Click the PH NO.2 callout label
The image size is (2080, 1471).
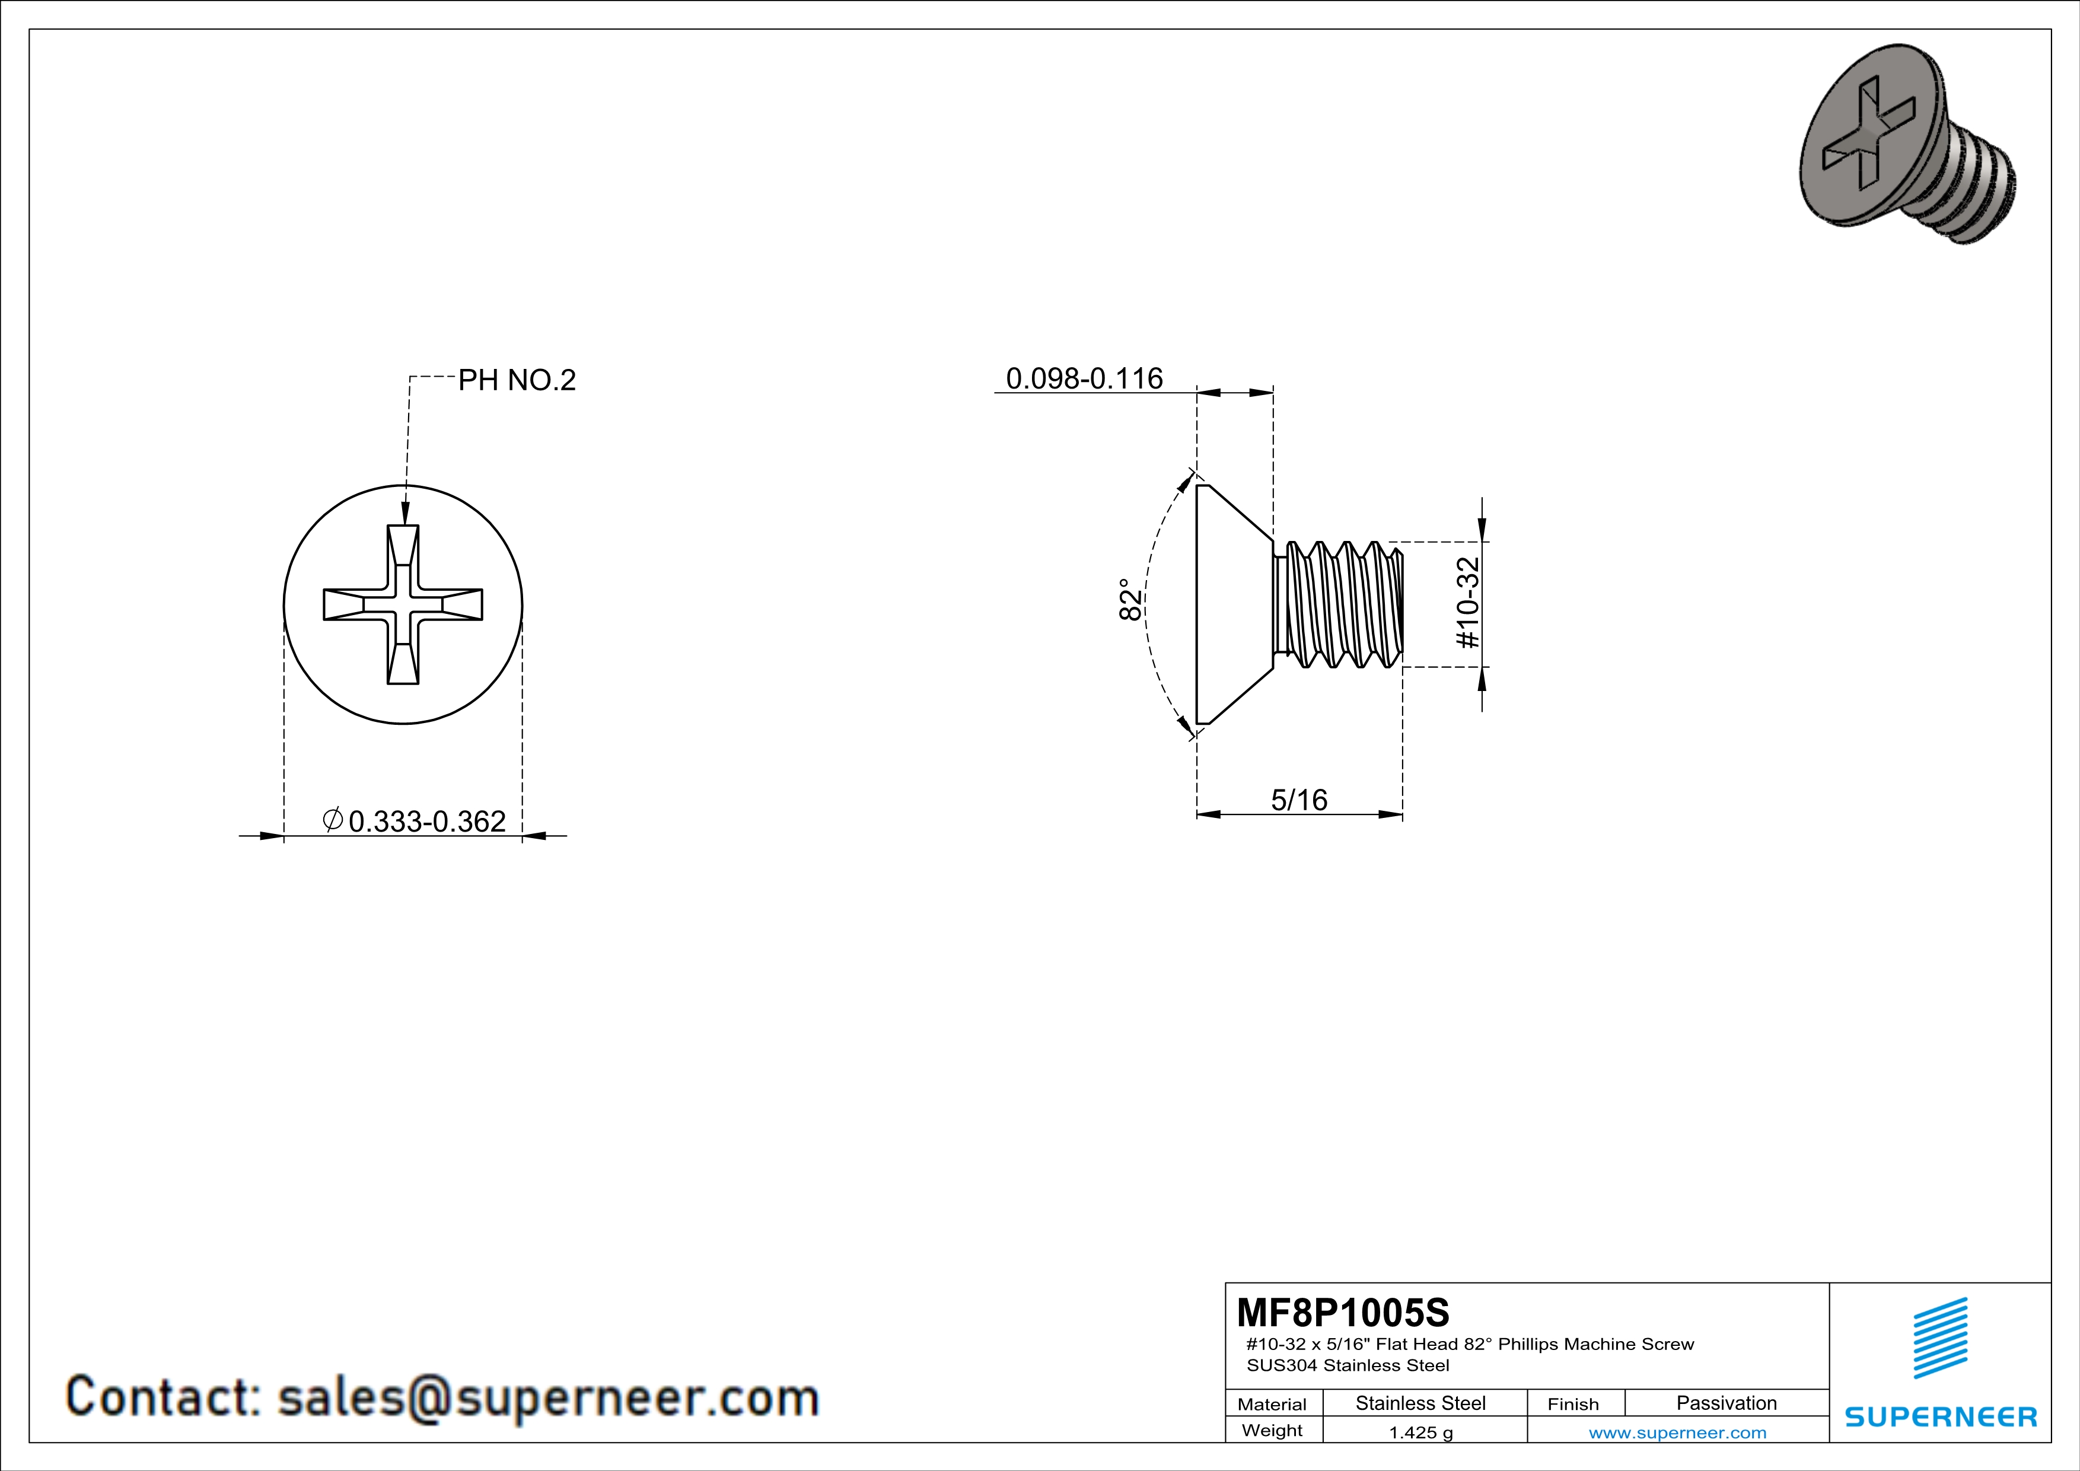[517, 380]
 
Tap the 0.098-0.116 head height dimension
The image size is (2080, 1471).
[1084, 378]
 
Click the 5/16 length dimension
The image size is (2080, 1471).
[1299, 800]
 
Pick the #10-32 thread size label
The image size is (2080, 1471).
[1467, 603]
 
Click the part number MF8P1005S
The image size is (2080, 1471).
[1343, 1313]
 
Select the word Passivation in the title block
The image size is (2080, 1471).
[1726, 1403]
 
